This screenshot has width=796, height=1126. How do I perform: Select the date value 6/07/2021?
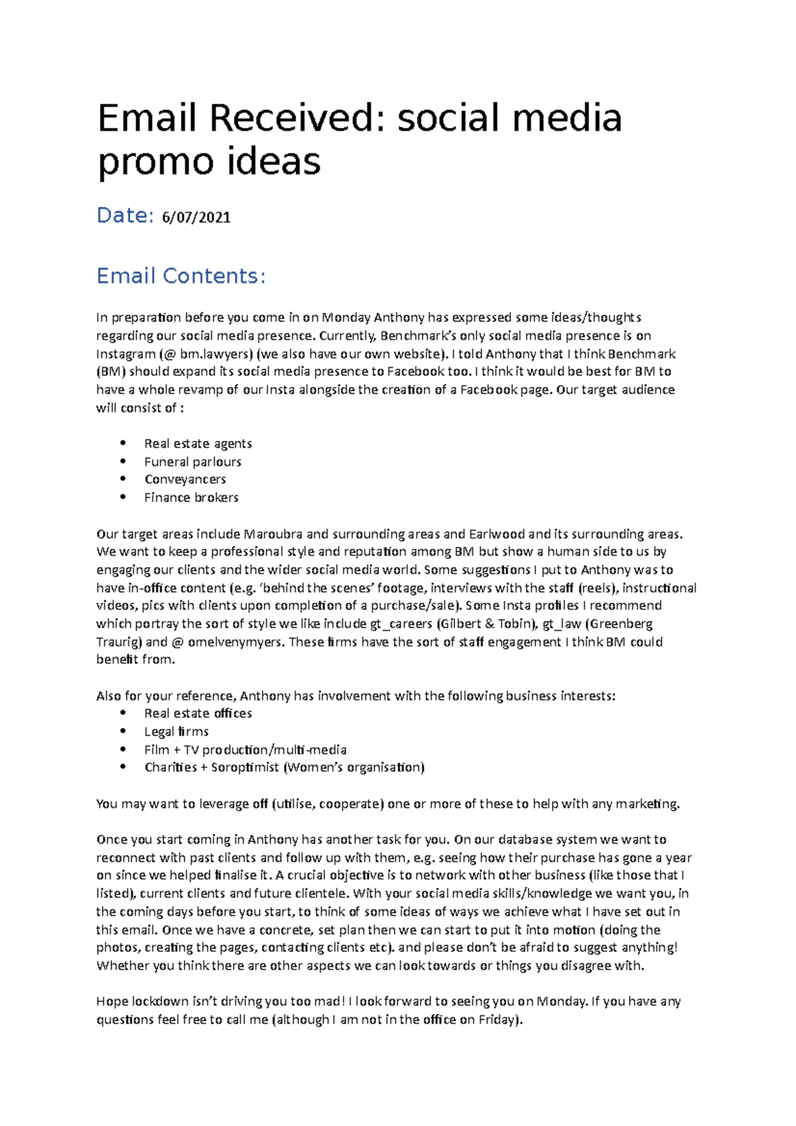tap(196, 218)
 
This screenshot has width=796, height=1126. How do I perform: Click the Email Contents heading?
tap(181, 276)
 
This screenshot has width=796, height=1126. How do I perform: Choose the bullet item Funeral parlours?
tap(192, 462)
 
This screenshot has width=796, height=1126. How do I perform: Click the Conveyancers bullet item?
tap(185, 479)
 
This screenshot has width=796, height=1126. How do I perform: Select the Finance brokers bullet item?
tap(191, 497)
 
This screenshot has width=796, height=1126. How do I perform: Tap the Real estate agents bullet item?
tap(198, 444)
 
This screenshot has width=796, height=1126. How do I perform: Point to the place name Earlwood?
tap(497, 534)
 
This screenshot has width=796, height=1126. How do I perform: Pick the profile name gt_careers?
tap(401, 624)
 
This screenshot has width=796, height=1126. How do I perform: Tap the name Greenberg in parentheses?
tap(621, 624)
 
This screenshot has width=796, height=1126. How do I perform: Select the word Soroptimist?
tap(245, 767)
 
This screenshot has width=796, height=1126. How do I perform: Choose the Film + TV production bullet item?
tap(245, 750)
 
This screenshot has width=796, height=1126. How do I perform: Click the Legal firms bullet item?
tap(176, 731)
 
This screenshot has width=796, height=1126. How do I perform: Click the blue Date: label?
tap(125, 216)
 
